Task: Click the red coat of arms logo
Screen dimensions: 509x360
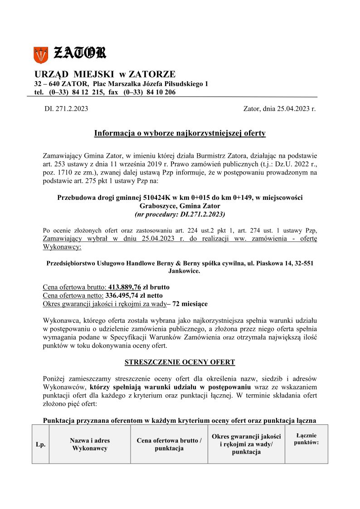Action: pyautogui.click(x=40, y=55)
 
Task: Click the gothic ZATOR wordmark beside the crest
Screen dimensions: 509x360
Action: pyautogui.click(x=80, y=53)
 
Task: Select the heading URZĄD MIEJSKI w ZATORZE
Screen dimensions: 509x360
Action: pyautogui.click(x=105, y=74)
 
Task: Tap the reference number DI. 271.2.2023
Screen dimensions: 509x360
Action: pyautogui.click(x=66, y=109)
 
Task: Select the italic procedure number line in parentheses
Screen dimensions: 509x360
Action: pyautogui.click(x=180, y=213)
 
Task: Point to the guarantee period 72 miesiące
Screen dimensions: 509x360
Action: pyautogui.click(x=190, y=303)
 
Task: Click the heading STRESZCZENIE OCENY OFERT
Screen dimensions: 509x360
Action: pyautogui.click(x=180, y=362)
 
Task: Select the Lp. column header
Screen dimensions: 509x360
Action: pyautogui.click(x=40, y=445)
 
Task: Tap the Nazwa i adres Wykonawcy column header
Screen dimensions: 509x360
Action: pyautogui.click(x=90, y=444)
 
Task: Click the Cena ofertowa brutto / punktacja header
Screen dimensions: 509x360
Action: pyautogui.click(x=169, y=444)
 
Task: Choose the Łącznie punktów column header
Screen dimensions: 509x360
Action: pyautogui.click(x=306, y=439)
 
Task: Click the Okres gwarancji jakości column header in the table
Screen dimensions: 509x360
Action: pyautogui.click(x=246, y=444)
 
